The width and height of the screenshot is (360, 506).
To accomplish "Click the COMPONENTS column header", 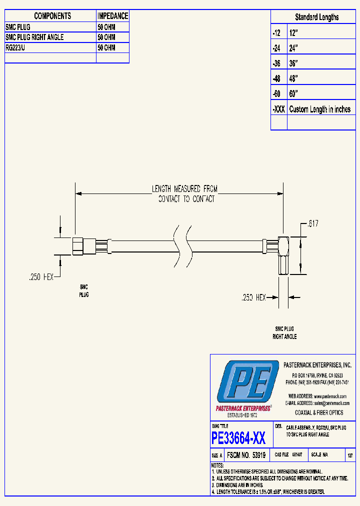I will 52,16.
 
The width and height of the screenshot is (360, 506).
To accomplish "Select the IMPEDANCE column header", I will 112,16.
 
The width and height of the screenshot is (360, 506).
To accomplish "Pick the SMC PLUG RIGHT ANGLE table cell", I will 34,37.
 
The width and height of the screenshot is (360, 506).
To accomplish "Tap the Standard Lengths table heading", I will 316,17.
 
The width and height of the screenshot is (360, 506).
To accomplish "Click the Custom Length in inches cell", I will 320,109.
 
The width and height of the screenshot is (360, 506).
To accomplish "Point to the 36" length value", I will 293,63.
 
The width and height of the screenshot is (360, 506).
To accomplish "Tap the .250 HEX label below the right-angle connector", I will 253,297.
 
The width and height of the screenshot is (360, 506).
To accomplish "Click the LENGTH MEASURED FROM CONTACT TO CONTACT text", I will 185,193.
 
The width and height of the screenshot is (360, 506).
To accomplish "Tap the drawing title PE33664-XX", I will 238,438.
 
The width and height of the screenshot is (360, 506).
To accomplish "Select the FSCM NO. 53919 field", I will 245,455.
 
